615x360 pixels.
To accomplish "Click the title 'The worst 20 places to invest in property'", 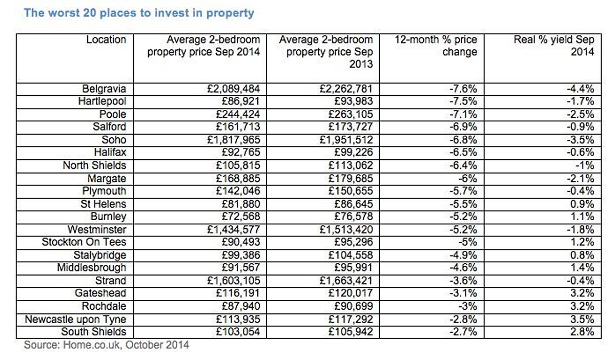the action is point(139,13).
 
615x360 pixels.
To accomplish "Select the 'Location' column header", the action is point(106,39).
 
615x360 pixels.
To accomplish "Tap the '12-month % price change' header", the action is point(436,46).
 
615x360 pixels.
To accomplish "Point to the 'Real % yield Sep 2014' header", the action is point(554,46).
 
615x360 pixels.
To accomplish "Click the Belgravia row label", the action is point(104,89).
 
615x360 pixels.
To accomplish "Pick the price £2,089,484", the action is point(233,89).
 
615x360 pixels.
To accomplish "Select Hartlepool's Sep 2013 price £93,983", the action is point(353,101).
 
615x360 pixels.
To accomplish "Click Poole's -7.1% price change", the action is point(463,114).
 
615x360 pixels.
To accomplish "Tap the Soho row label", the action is point(114,140).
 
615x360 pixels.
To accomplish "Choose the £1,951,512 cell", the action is point(346,140).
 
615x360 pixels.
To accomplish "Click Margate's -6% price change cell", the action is point(467,179).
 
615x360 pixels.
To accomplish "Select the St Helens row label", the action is point(103,204).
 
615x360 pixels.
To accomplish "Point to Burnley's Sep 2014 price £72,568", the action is point(241,217).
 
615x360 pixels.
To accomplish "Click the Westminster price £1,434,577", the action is point(233,229).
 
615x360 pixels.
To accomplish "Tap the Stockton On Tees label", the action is point(84,242).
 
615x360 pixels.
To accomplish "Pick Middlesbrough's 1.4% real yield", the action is point(582,267).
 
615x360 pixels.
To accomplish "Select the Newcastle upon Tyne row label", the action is point(75,320).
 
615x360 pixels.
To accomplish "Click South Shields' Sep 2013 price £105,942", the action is point(351,332).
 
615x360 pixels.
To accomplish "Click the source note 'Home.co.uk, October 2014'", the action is point(126,345).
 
